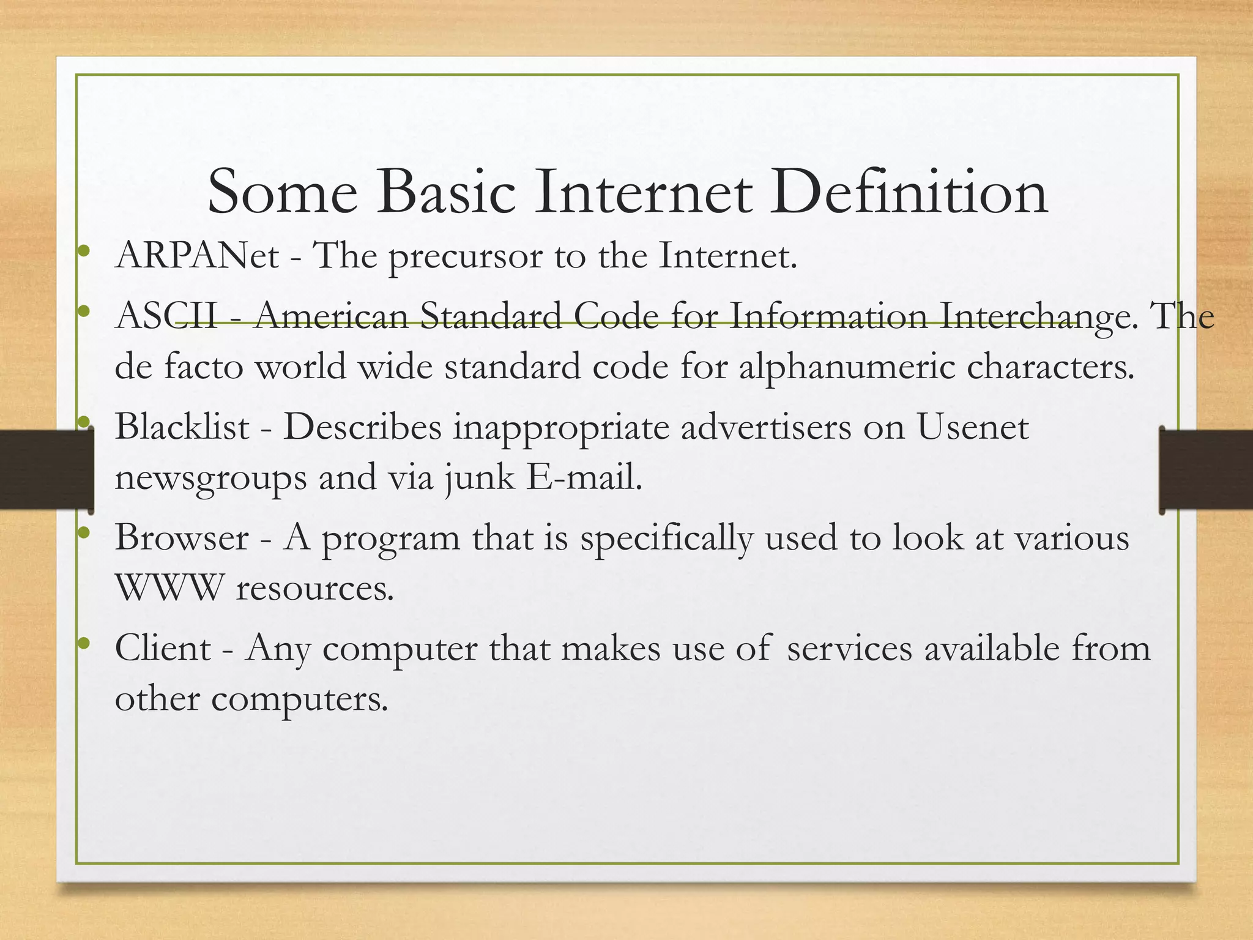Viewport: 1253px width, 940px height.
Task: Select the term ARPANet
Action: [x=197, y=255]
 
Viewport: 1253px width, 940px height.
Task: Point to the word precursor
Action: [x=466, y=257]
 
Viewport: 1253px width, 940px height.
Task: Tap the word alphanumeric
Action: [x=847, y=368]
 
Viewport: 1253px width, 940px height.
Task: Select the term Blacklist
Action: [x=182, y=427]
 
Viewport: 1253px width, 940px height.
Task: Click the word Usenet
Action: [x=972, y=427]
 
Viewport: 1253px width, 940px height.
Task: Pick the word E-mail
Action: [x=584, y=477]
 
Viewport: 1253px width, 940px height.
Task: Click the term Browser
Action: [x=182, y=538]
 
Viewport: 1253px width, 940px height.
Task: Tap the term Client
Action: [x=163, y=648]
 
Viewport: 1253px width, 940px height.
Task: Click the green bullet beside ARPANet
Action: [x=84, y=250]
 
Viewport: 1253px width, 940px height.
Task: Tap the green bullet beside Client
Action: [x=84, y=643]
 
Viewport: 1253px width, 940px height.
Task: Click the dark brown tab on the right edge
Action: [x=1205, y=469]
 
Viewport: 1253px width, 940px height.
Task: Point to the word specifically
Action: [x=666, y=539]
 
